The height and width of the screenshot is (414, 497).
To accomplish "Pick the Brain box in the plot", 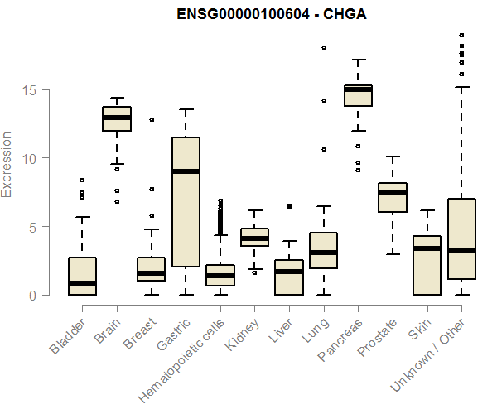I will coord(117,118).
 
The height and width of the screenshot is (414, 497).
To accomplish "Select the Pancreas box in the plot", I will coord(358,95).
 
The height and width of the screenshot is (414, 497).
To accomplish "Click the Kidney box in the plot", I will coord(254,237).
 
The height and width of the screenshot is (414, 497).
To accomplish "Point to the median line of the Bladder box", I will coord(82,283).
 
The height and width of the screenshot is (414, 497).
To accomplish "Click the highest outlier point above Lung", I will coord(324,48).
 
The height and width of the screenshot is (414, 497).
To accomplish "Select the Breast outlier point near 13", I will coord(152,119).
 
